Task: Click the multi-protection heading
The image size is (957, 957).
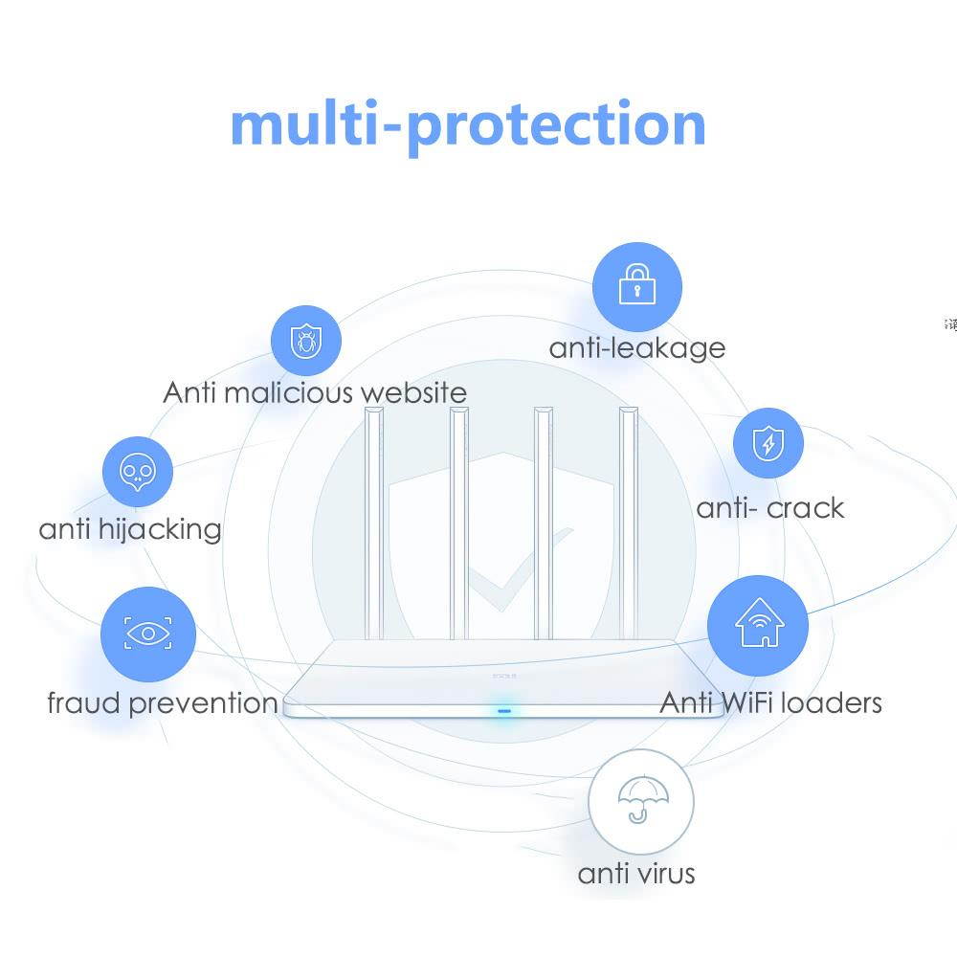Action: point(468,124)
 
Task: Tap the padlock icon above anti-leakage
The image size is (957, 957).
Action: point(636,286)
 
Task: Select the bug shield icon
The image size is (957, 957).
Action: point(305,340)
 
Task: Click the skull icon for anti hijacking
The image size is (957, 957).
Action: point(137,472)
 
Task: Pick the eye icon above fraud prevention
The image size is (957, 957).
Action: point(147,634)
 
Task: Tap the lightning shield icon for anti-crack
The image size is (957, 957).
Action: point(767,444)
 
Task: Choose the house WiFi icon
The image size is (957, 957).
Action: point(758,625)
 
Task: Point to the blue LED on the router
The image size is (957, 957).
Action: point(502,711)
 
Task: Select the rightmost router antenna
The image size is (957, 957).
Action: point(629,522)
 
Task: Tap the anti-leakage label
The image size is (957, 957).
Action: point(636,347)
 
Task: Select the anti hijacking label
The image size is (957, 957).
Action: point(130,529)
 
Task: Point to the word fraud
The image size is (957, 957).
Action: point(84,703)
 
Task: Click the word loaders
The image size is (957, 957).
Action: point(830,703)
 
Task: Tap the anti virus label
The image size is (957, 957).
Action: point(636,873)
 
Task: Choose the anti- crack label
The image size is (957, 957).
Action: point(770,508)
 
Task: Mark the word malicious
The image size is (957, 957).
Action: point(277,392)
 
